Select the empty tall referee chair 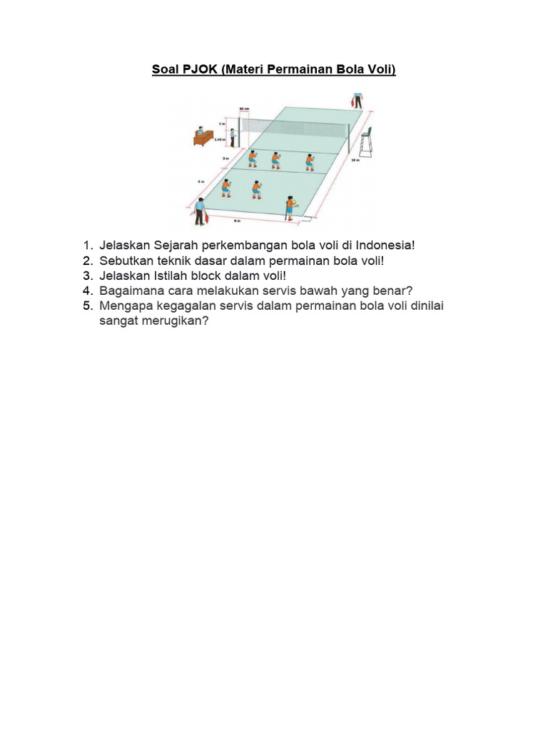tap(366, 143)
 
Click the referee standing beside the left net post tap(233, 137)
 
